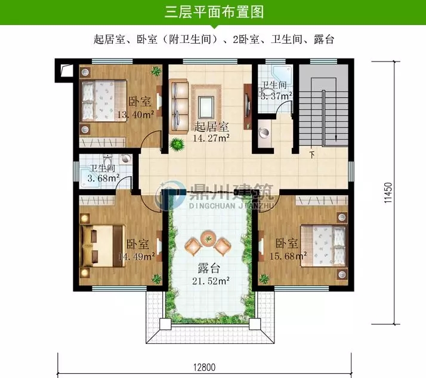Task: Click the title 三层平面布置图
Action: pyautogui.click(x=214, y=12)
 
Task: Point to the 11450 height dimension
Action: pyautogui.click(x=388, y=193)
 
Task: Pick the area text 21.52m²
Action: pyautogui.click(x=211, y=279)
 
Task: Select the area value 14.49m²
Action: pyautogui.click(x=137, y=257)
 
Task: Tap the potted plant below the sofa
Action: pyautogui.click(x=177, y=145)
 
